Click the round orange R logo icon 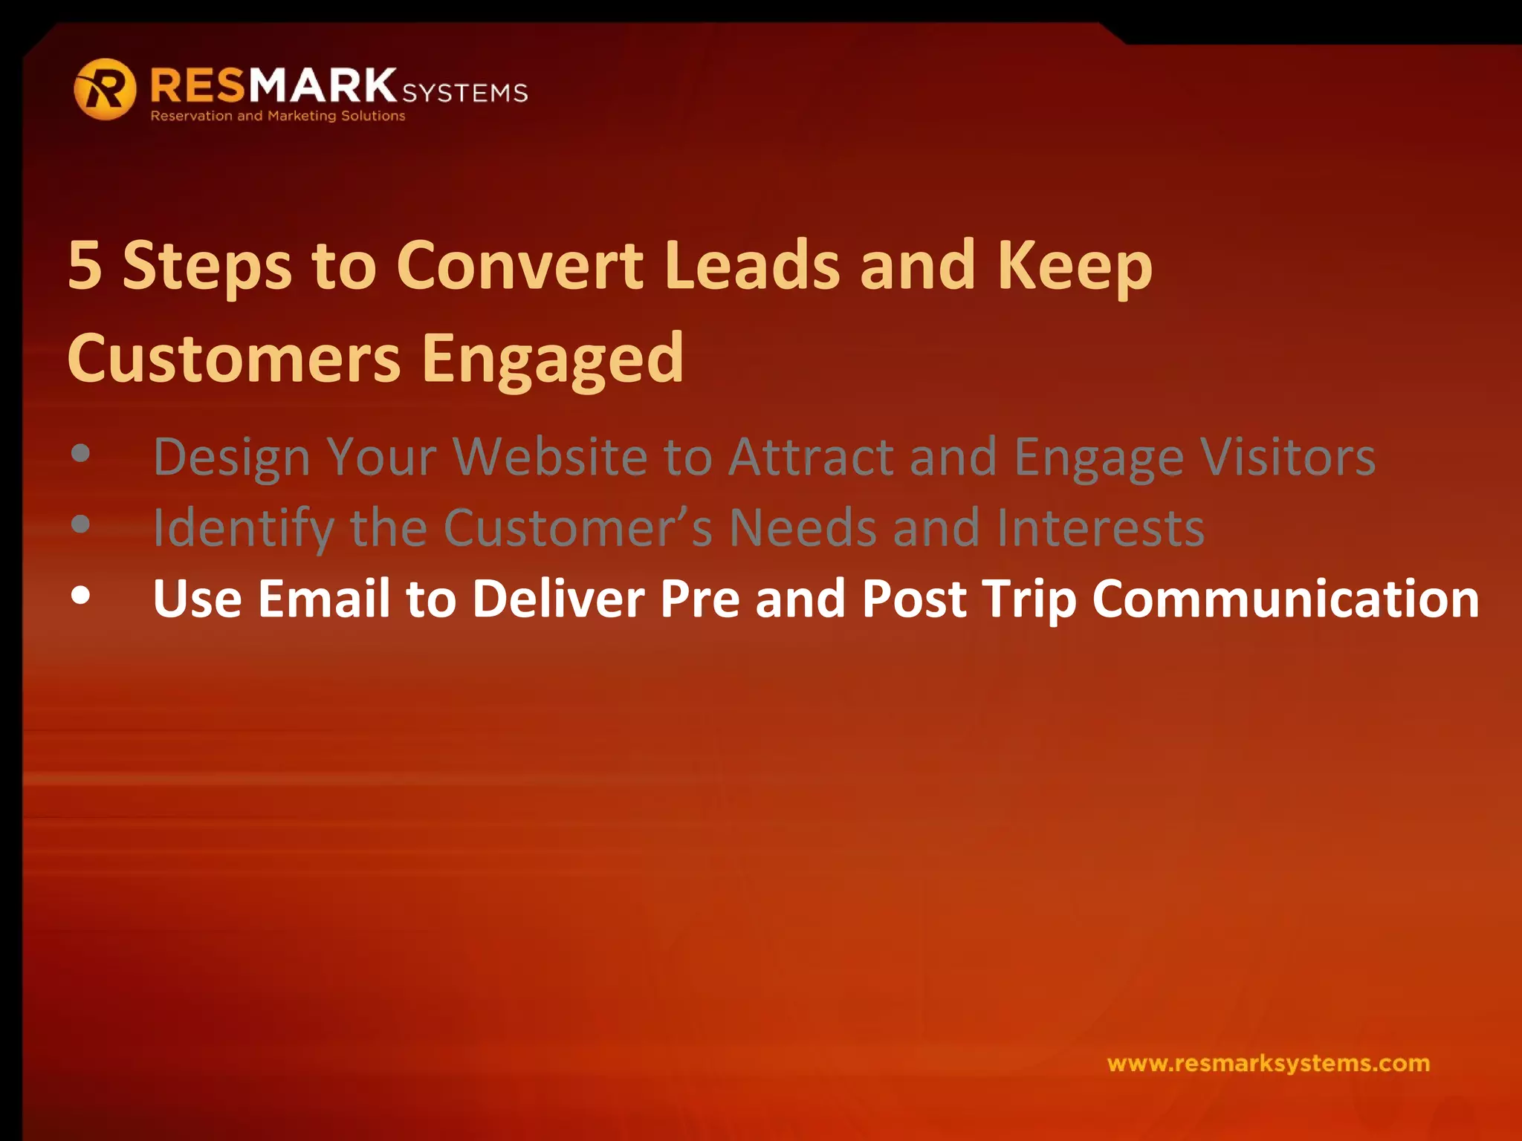pos(105,90)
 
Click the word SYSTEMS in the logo pos(464,93)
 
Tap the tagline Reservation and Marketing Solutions pos(278,116)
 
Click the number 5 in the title pos(85,265)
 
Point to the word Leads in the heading pos(752,265)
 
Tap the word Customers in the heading pos(234,359)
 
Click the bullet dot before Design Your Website pos(81,453)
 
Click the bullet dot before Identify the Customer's pos(81,524)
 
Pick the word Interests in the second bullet pos(1100,527)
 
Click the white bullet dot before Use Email pos(81,596)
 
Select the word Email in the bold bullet pos(323,599)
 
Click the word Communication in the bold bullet pos(1285,599)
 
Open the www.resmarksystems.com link pos(1268,1063)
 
